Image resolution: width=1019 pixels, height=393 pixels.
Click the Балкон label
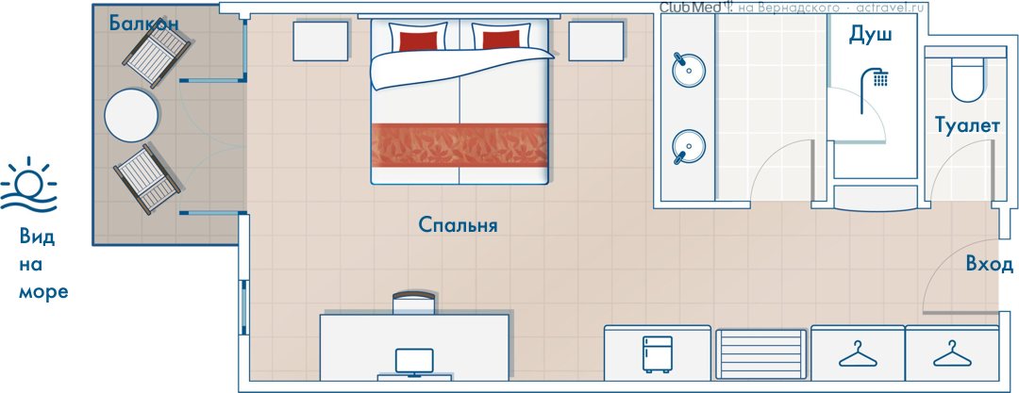[x=143, y=25]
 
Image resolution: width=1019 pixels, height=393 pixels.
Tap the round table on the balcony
[x=131, y=116]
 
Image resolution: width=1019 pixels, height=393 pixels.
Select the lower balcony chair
[x=147, y=179]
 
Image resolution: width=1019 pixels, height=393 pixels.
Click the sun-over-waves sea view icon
[x=28, y=185]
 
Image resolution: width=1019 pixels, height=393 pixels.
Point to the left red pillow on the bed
[x=418, y=41]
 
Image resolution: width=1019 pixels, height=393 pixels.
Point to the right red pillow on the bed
[x=501, y=40]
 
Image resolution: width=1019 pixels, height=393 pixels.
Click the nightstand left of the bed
[x=321, y=41]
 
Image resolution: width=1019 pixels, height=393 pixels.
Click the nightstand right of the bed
[x=596, y=41]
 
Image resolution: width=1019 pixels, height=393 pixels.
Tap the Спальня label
[x=459, y=225]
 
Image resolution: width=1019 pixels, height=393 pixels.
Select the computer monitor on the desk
[x=414, y=363]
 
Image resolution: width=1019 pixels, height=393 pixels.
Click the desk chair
[x=414, y=303]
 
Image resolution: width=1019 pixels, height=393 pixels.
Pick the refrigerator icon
[x=657, y=354]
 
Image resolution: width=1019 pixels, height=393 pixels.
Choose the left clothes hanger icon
[x=858, y=354]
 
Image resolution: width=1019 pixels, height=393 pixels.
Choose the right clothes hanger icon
[x=952, y=354]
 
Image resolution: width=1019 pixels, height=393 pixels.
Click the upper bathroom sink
[x=688, y=70]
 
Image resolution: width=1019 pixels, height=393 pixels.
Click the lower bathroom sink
[x=688, y=146]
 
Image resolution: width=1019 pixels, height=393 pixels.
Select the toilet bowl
[x=967, y=79]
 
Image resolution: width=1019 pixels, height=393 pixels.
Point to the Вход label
[x=989, y=265]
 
